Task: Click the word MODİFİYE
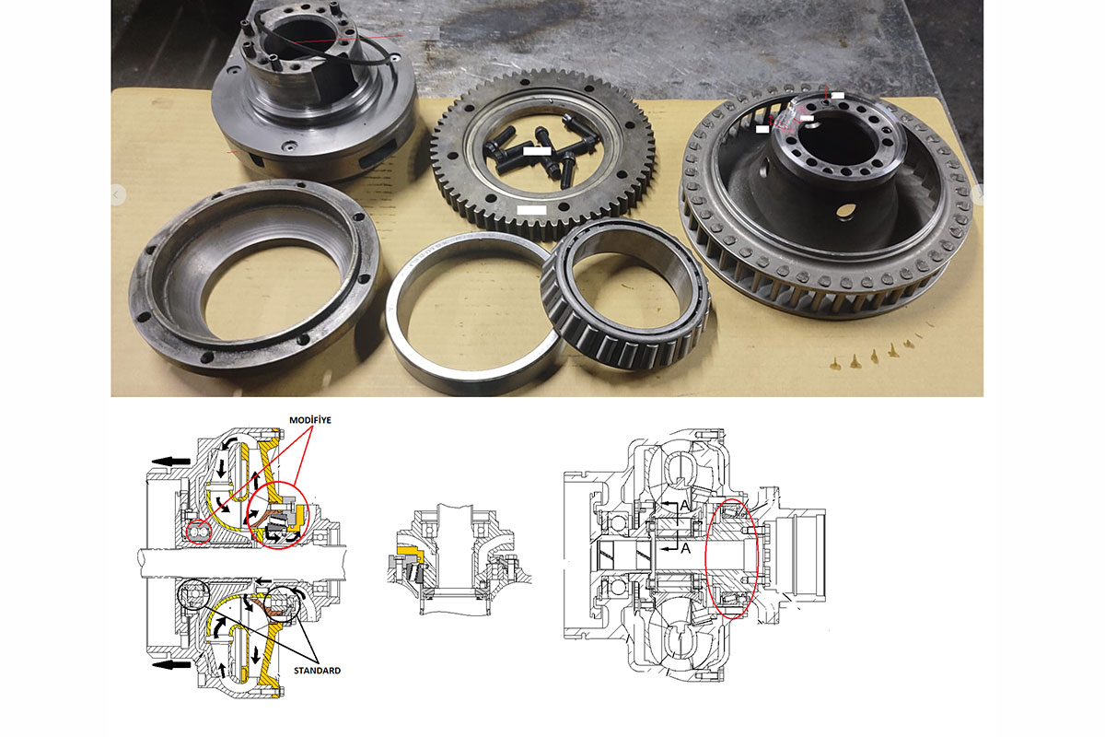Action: (x=309, y=420)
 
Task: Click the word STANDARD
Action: (x=317, y=671)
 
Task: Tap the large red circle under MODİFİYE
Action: (x=278, y=514)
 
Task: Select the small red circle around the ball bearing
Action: (x=199, y=532)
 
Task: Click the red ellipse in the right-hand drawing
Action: (x=732, y=557)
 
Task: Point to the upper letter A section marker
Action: (x=684, y=505)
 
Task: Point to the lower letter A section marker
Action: (x=686, y=548)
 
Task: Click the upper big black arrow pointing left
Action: (x=170, y=462)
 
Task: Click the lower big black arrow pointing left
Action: (x=170, y=665)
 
